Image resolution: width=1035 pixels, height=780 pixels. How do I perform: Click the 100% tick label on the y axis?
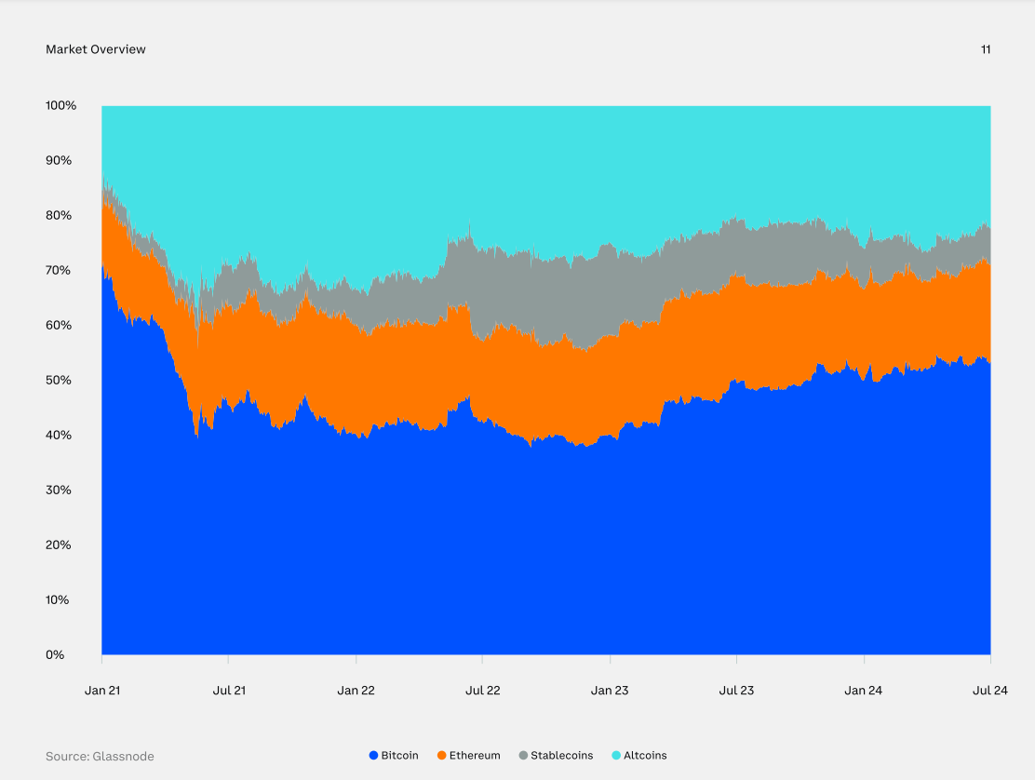tap(60, 105)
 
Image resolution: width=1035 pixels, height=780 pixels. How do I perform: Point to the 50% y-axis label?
tap(58, 380)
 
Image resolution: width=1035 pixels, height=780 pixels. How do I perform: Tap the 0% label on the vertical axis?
tap(55, 654)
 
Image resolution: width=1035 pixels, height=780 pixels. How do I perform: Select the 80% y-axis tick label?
tap(58, 215)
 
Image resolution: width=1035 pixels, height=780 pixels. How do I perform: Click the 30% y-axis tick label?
tap(58, 490)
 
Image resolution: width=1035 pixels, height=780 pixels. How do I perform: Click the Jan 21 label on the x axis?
tap(101, 691)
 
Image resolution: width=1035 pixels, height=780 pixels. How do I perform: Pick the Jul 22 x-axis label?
tap(482, 691)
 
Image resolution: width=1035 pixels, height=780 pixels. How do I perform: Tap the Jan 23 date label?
tap(610, 691)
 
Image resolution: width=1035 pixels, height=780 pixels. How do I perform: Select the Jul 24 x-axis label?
tap(990, 691)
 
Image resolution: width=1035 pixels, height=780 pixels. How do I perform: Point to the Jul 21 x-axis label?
tap(229, 691)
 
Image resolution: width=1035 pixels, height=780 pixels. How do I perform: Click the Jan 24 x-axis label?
tap(864, 691)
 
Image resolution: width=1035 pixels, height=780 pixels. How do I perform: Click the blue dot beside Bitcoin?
tap(374, 756)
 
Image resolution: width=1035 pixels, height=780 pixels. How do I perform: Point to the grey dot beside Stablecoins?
tap(523, 756)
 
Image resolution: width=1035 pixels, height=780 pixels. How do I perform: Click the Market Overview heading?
tap(96, 49)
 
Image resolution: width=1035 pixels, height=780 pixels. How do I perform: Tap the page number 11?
tap(986, 49)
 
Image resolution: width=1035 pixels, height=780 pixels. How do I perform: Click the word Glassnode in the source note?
tap(123, 757)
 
